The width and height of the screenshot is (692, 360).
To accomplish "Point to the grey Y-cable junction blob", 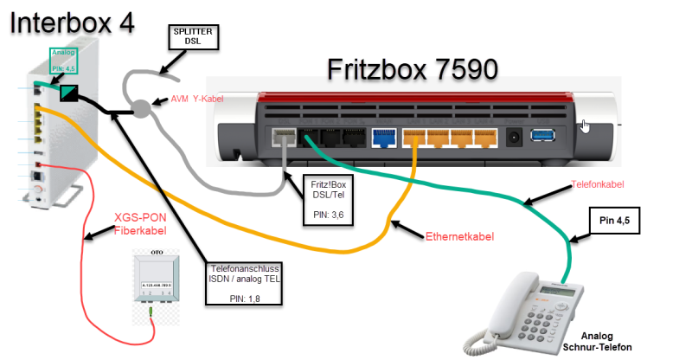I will [141, 108].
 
